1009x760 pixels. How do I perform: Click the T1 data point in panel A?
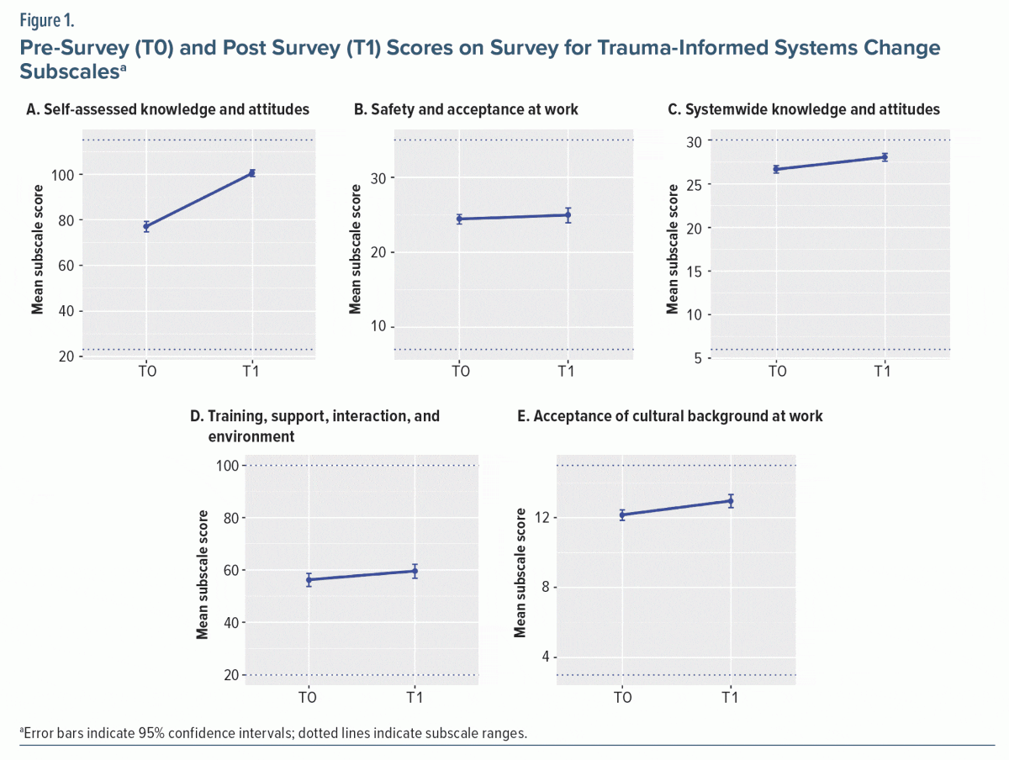pyautogui.click(x=252, y=173)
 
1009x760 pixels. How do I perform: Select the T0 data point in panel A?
pyautogui.click(x=146, y=226)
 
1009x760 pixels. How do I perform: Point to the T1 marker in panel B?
pyautogui.click(x=568, y=215)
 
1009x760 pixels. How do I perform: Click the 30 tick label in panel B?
pyautogui.click(x=378, y=178)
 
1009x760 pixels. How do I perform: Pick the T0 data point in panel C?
pyautogui.click(x=776, y=169)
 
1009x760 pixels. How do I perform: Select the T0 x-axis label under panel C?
pyautogui.click(x=776, y=371)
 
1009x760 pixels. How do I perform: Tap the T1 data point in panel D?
pyautogui.click(x=415, y=571)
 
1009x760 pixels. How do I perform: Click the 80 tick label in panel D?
pyautogui.click(x=226, y=518)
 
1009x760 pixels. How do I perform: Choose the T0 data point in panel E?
pyautogui.click(x=622, y=515)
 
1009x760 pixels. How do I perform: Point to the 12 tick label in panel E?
pyautogui.click(x=544, y=517)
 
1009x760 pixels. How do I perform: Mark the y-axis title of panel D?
pyautogui.click(x=203, y=572)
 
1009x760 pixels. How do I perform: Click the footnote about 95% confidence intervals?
pyautogui.click(x=273, y=732)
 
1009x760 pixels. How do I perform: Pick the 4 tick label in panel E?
pyautogui.click(x=547, y=657)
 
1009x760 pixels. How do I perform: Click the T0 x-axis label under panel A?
pyautogui.click(x=146, y=371)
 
